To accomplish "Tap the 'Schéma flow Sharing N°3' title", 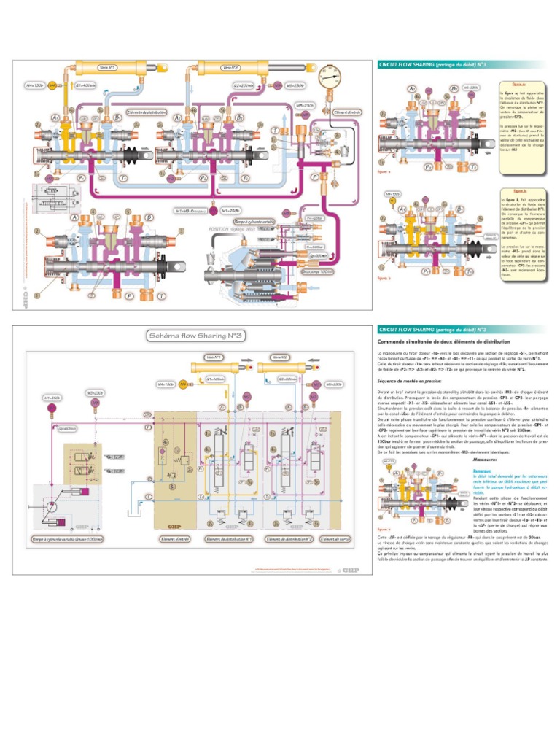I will [x=196, y=336].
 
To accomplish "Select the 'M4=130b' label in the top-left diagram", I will [x=34, y=85].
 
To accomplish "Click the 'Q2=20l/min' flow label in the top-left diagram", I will [x=244, y=85].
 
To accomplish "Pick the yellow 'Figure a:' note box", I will [x=519, y=120].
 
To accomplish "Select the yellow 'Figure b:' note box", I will [x=519, y=232].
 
